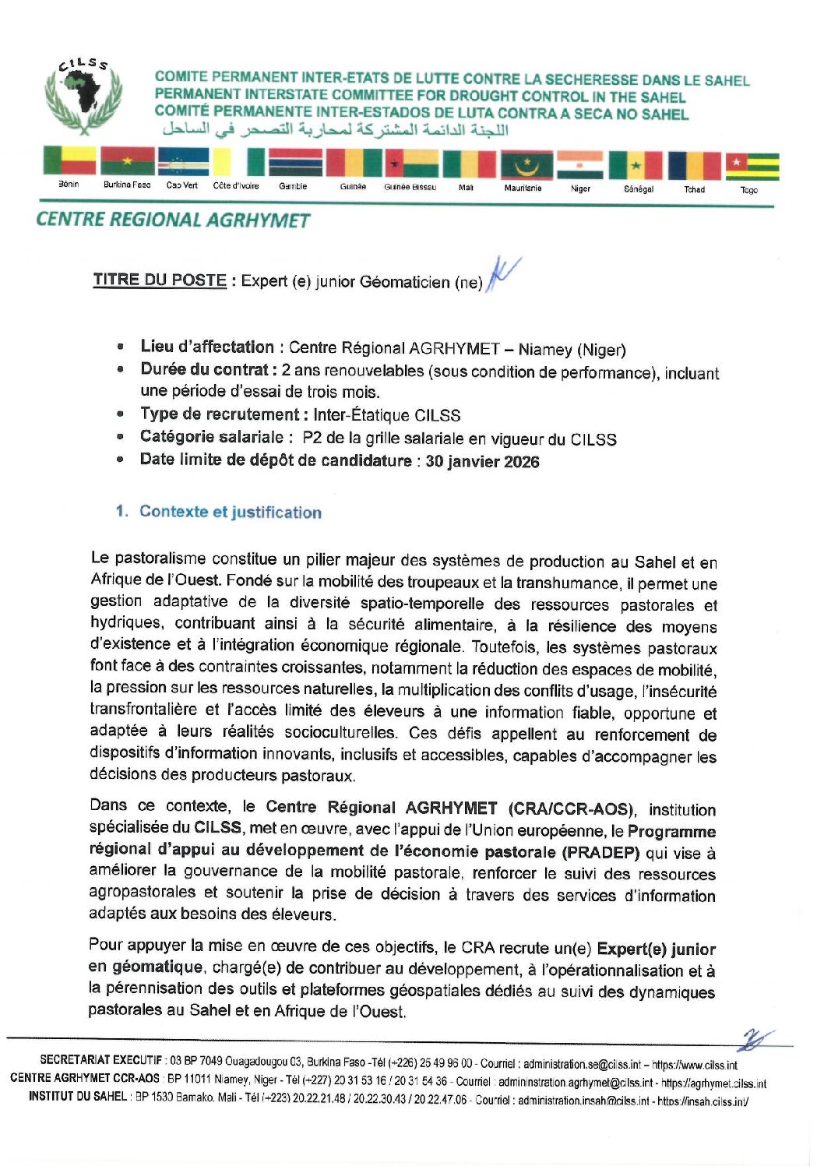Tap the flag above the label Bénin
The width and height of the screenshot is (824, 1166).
click(x=69, y=162)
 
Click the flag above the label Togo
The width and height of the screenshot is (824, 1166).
click(x=752, y=166)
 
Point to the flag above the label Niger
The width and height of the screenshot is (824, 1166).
click(x=581, y=165)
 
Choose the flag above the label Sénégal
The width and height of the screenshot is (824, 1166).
click(x=636, y=165)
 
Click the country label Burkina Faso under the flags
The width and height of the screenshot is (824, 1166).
click(x=127, y=185)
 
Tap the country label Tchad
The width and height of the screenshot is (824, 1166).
click(x=694, y=189)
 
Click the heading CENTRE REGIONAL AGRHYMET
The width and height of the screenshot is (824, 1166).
click(x=173, y=220)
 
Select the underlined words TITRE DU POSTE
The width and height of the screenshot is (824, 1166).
click(x=160, y=280)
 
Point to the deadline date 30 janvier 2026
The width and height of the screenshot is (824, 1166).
click(x=482, y=461)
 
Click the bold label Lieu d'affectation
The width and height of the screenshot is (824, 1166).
click(x=207, y=347)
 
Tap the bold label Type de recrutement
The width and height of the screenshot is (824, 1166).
click(x=220, y=414)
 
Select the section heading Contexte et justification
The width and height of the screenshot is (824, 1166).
click(x=230, y=512)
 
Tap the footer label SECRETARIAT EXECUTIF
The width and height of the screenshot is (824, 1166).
click(x=101, y=1061)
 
